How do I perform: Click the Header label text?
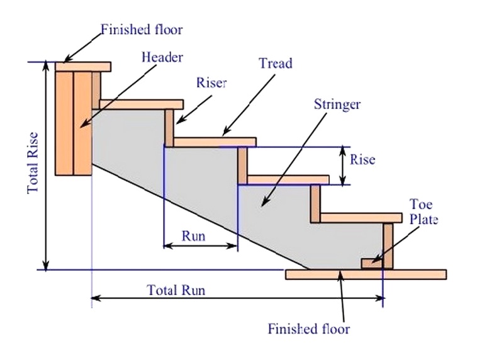tap(162, 57)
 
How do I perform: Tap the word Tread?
tap(276, 64)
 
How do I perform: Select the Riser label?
tap(211, 83)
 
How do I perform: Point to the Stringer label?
tap(337, 104)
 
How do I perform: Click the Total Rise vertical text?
tap(33, 162)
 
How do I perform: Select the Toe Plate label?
tap(423, 212)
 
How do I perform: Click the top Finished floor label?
tap(142, 29)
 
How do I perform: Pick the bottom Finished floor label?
tap(308, 329)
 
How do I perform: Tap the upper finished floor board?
tap(82, 67)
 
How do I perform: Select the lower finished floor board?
tap(366, 274)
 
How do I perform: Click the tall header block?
tap(74, 123)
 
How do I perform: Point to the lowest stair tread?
tap(361, 218)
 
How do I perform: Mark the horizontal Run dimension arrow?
tap(200, 245)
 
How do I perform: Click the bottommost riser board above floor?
tap(388, 246)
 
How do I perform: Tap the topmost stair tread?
tap(141, 104)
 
